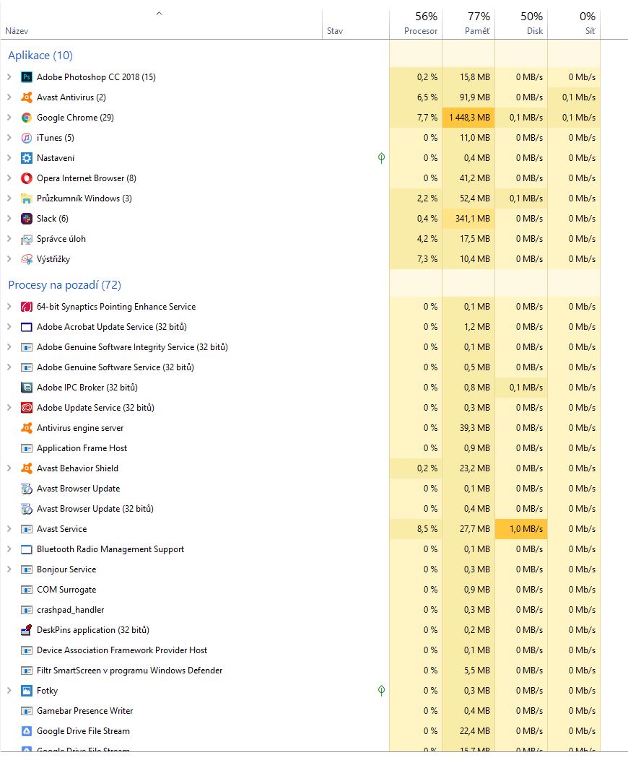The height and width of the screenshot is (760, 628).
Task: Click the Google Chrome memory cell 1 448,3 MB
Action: point(469,118)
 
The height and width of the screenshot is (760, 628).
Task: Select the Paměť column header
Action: point(477,31)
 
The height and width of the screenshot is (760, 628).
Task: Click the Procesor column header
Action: point(421,31)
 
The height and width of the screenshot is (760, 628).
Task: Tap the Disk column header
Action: point(534,31)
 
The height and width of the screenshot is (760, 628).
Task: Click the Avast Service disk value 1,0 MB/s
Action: point(525,529)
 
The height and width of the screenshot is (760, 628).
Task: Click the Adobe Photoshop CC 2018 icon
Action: point(27,77)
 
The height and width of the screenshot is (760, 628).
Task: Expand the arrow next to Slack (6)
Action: point(9,219)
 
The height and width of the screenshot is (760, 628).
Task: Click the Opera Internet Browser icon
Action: point(27,178)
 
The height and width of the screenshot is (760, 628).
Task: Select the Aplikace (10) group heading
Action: point(40,56)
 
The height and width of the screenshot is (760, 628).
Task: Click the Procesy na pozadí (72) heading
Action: point(64,285)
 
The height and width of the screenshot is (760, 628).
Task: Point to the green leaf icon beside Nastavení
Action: point(381,158)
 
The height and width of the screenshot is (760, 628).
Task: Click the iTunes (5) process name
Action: point(56,138)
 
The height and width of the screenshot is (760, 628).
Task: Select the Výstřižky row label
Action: point(53,259)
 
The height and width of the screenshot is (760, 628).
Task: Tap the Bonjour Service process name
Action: point(66,569)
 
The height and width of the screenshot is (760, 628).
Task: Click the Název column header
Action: point(17,31)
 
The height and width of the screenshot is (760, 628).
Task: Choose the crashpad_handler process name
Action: point(71,610)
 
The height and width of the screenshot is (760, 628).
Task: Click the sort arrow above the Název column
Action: point(159,14)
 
